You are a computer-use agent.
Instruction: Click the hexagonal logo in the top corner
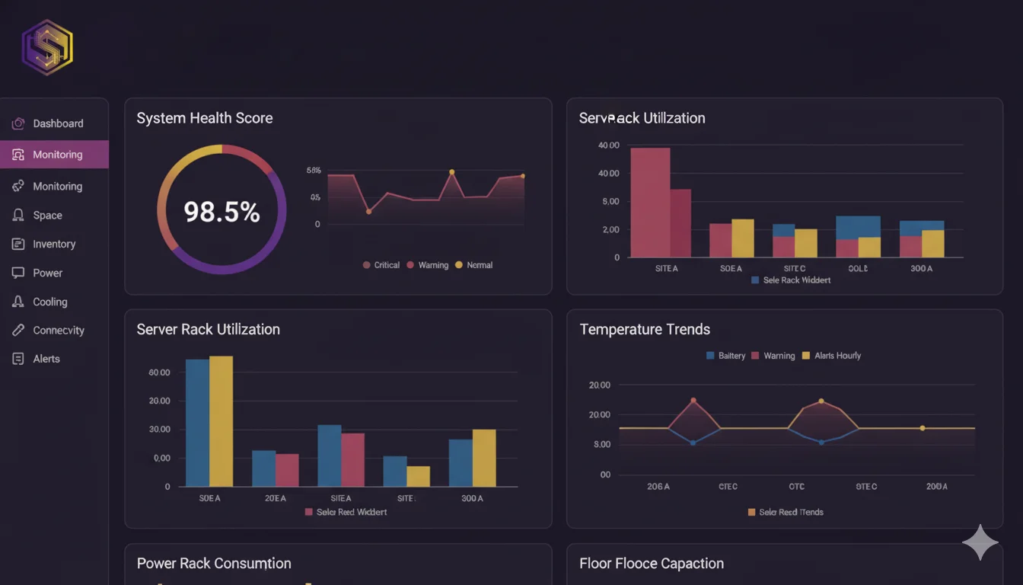pos(47,47)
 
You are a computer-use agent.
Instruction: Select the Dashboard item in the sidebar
pos(57,123)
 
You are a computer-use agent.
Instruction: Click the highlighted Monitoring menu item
pos(56,155)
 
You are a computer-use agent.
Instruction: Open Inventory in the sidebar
pos(53,245)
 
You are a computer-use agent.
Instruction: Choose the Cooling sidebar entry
pos(49,302)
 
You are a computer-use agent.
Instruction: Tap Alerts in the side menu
pos(46,359)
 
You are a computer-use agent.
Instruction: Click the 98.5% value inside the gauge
pos(221,212)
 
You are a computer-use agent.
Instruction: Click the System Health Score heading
pos(204,118)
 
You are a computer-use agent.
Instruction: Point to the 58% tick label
pos(314,171)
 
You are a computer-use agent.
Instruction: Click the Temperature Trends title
pos(645,329)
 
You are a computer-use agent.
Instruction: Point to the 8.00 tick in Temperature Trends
pos(601,444)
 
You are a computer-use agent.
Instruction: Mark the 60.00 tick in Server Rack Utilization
pos(159,372)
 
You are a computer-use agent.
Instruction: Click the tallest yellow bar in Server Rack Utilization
pos(221,420)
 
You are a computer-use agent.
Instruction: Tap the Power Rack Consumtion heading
pos(214,564)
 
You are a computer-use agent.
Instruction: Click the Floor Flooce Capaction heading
pos(651,564)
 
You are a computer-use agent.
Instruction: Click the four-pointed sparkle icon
pos(980,542)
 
